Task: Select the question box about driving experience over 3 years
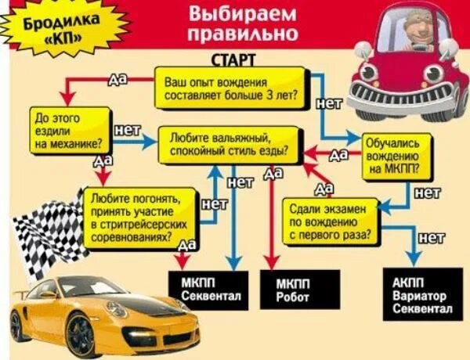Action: click(226, 88)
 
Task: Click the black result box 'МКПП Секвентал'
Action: click(205, 290)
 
